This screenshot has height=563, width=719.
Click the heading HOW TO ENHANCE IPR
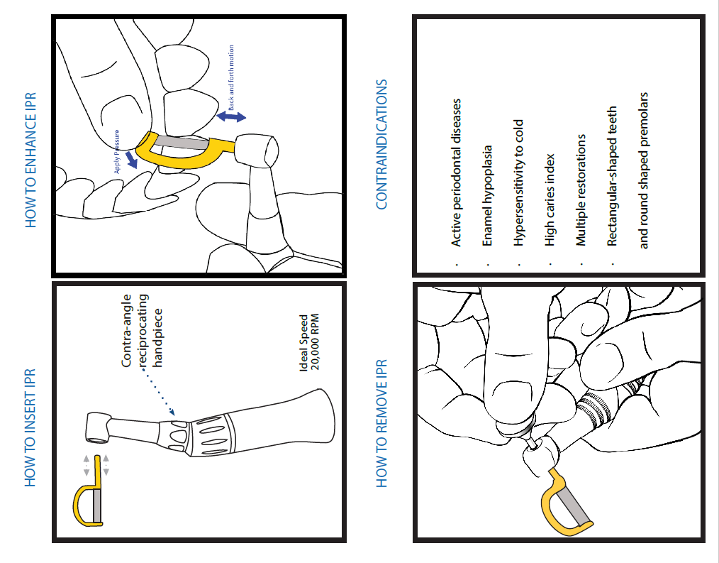point(30,160)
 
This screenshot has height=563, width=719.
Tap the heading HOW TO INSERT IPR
point(30,427)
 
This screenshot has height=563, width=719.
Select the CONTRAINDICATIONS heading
point(381,145)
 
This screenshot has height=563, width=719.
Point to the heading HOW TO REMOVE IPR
point(381,423)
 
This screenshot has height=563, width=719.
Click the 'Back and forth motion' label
point(231,77)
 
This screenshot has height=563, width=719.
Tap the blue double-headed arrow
point(231,116)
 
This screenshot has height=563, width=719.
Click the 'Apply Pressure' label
point(117,151)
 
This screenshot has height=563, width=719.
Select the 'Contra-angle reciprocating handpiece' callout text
point(142,331)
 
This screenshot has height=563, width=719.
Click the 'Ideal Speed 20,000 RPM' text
point(309,342)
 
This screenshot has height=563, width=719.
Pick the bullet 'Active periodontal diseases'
point(456,173)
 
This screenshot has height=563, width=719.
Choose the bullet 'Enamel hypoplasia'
point(487,196)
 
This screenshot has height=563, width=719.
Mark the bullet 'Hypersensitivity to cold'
point(518,182)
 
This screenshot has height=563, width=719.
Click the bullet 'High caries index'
point(550,199)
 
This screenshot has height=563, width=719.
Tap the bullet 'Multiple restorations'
point(581,190)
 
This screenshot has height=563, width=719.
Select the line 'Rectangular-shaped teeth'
point(612,176)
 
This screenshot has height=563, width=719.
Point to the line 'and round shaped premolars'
point(643,170)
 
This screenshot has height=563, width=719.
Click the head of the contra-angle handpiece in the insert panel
point(98,427)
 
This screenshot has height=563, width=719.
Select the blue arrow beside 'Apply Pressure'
point(131,159)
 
